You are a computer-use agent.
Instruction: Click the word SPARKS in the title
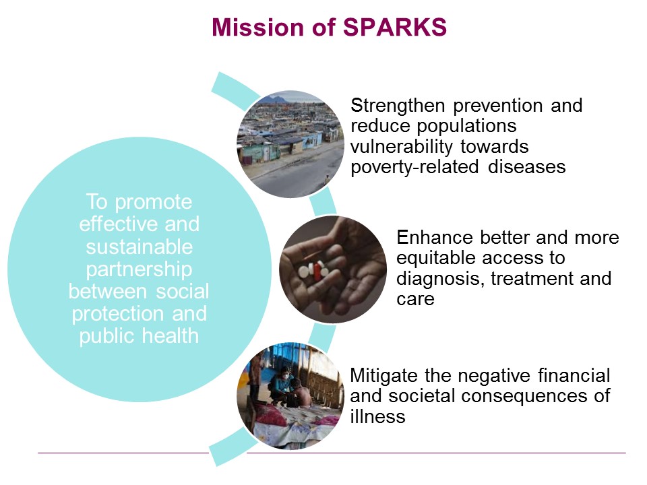pyautogui.click(x=394, y=27)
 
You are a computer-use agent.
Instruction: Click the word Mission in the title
pyautogui.click(x=258, y=27)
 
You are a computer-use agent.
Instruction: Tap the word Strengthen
pyautogui.click(x=398, y=106)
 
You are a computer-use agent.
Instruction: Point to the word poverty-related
pyautogui.click(x=414, y=168)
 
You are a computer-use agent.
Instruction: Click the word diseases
pyautogui.click(x=526, y=167)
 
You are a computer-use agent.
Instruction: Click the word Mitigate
pyautogui.click(x=384, y=376)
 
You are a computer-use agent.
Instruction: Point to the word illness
pyautogui.click(x=377, y=416)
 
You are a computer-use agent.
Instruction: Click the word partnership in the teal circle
pyautogui.click(x=139, y=269)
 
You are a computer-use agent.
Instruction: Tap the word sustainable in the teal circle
pyautogui.click(x=139, y=247)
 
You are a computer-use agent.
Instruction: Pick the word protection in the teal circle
pyautogui.click(x=117, y=315)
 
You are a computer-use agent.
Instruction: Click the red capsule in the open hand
pyautogui.click(x=317, y=271)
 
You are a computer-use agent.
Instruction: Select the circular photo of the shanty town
pyautogui.click(x=290, y=144)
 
